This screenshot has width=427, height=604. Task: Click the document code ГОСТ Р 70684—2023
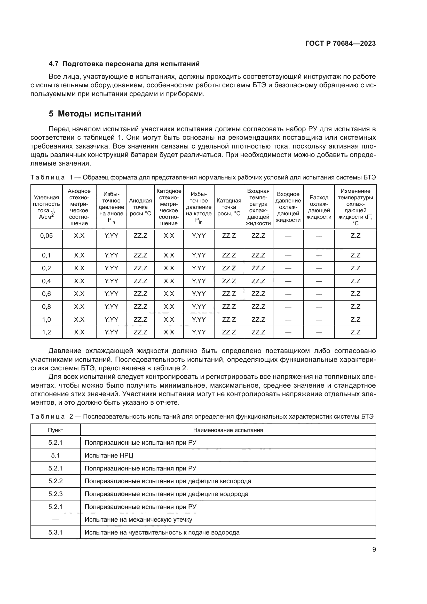point(340,43)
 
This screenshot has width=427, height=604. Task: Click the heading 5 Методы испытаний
point(95,114)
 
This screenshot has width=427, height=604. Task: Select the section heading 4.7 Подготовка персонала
point(124,64)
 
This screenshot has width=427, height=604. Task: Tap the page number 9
point(374,549)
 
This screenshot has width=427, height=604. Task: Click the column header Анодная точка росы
point(140,207)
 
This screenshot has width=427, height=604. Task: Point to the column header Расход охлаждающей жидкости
point(319,207)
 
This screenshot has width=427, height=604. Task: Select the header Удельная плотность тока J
point(46,207)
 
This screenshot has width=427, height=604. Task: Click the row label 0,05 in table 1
point(46,236)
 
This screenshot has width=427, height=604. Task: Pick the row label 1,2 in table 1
point(46,332)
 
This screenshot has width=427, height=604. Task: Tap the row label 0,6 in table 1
point(46,294)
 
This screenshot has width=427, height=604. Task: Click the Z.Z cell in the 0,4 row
point(355,281)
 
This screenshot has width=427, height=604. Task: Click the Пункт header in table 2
point(56,430)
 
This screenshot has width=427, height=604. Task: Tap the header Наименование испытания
point(228,430)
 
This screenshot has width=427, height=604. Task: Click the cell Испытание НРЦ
point(109,455)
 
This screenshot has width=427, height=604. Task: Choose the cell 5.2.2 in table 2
point(56,481)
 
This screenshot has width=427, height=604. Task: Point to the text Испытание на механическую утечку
point(138,520)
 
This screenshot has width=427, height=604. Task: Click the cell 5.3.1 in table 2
point(56,532)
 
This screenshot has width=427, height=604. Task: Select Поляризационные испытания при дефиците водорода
point(166,494)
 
